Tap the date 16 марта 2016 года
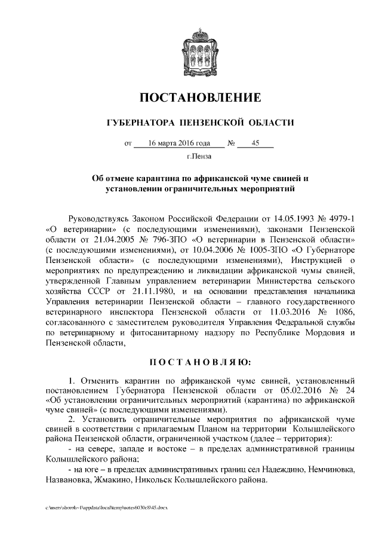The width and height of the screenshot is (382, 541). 178,143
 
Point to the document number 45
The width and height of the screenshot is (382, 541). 255,143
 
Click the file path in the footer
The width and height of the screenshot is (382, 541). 107,506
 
